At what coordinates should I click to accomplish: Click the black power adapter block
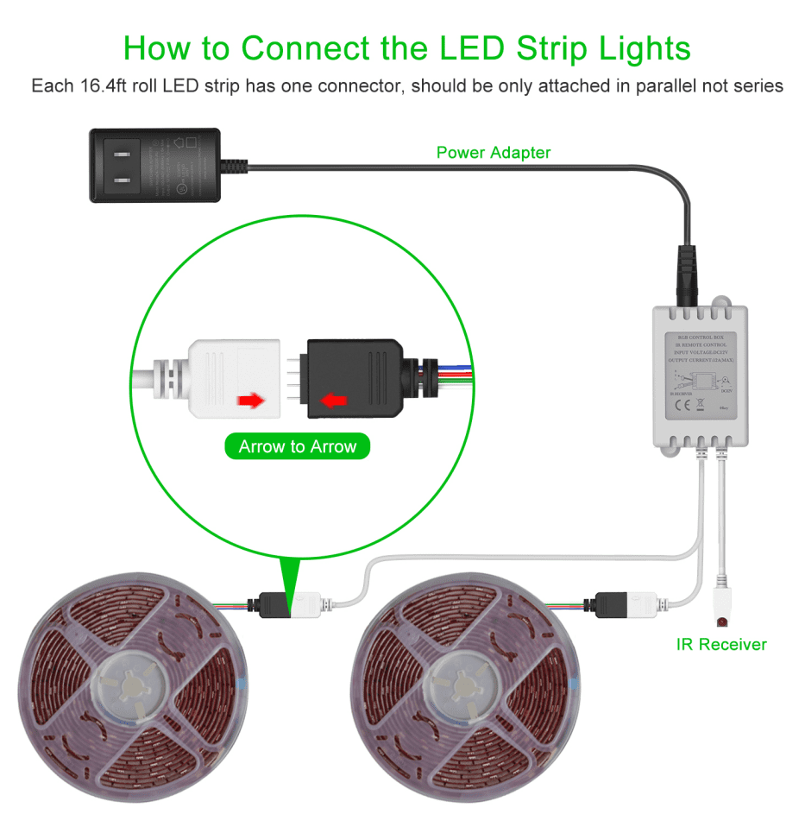(156, 165)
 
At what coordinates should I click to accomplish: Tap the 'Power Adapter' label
(493, 153)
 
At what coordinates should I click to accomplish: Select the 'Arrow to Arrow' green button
(297, 446)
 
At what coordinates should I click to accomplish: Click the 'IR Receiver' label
(721, 644)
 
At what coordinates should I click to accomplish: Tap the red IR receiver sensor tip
(721, 621)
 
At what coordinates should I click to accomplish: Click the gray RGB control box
(700, 375)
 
